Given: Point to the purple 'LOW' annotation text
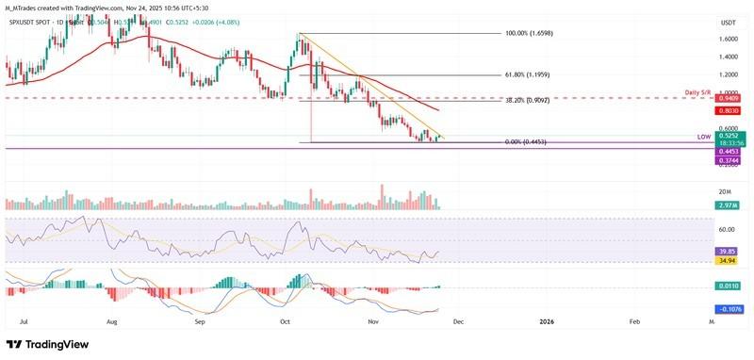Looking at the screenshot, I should (703, 138).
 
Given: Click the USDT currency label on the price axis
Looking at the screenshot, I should (728, 22).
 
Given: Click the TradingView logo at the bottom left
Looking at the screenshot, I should (47, 345).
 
